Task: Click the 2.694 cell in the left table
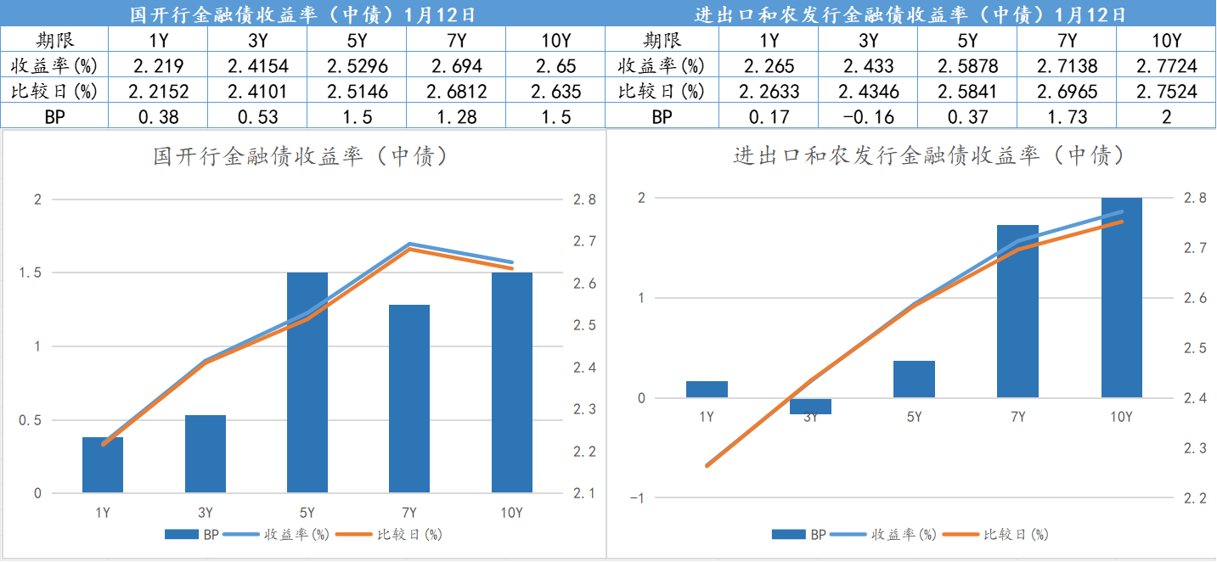pyautogui.click(x=456, y=66)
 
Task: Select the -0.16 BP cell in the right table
pyautogui.click(x=868, y=117)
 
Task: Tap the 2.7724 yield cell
pyautogui.click(x=1166, y=66)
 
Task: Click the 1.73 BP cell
pyautogui.click(x=1067, y=117)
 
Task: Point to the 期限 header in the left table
pyautogui.click(x=55, y=41)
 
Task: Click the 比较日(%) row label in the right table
pyautogui.click(x=662, y=92)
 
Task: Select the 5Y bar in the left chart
pyautogui.click(x=307, y=382)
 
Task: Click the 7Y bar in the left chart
pyautogui.click(x=409, y=398)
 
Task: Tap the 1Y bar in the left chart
pyautogui.click(x=103, y=464)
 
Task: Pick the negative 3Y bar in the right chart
pyautogui.click(x=810, y=406)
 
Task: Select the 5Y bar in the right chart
pyautogui.click(x=914, y=379)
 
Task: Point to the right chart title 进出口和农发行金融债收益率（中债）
pyautogui.click(x=929, y=155)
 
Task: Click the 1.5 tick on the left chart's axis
pyautogui.click(x=31, y=273)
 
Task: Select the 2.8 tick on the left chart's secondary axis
pyautogui.click(x=584, y=200)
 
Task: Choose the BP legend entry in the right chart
pyautogui.click(x=799, y=535)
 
